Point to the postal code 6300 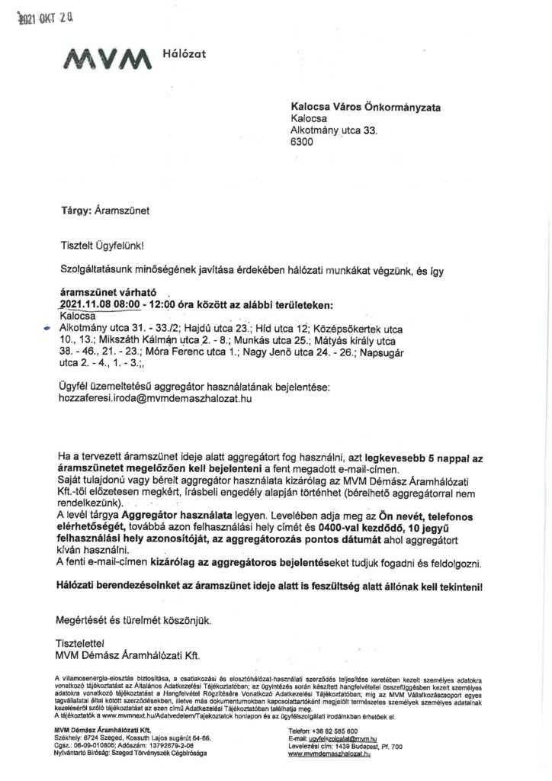(301, 142)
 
